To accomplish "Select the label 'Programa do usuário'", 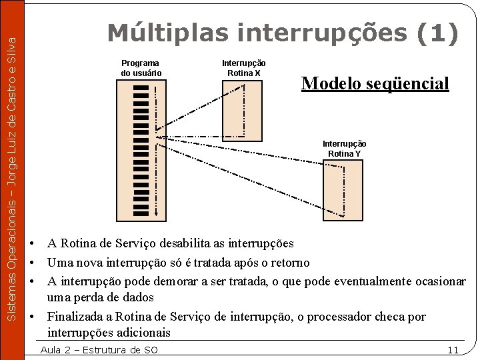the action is pyautogui.click(x=141, y=68).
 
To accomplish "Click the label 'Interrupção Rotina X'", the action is pyautogui.click(x=243, y=68).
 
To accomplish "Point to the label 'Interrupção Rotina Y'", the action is pyautogui.click(x=344, y=149).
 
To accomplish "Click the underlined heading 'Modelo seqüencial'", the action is pyautogui.click(x=375, y=83).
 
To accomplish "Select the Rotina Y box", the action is pyautogui.click(x=343, y=190).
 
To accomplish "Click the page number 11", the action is pyautogui.click(x=453, y=350).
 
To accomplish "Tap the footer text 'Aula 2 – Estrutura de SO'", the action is pyautogui.click(x=99, y=350).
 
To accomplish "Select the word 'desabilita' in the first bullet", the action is pyautogui.click(x=174, y=244).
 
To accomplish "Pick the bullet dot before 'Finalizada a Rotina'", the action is pyautogui.click(x=33, y=317).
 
